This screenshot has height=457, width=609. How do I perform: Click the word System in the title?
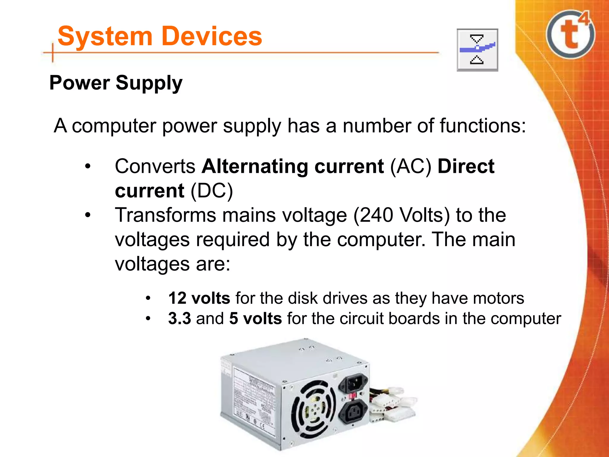point(105,37)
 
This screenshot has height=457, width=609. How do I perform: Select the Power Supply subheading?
point(116,83)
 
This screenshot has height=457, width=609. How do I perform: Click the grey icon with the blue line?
point(477,50)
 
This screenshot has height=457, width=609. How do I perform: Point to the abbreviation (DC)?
point(212,191)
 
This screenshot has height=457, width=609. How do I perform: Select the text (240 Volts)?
point(401,215)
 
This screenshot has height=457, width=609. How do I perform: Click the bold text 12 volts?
point(199,298)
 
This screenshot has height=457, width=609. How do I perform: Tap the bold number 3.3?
point(180,318)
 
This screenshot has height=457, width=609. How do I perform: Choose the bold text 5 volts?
point(255,318)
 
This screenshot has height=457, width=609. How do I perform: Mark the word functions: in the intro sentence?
point(483,126)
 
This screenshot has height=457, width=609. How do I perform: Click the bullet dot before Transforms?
point(87,215)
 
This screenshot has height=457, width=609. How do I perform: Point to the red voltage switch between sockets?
point(353,396)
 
